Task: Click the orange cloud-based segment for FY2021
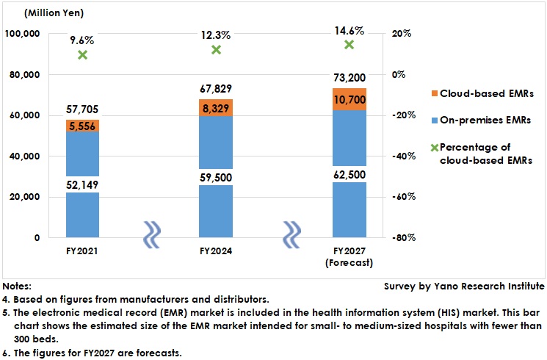coord(82,126)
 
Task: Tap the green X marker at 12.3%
coord(216,50)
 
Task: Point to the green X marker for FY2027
coord(349,45)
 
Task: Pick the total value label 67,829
coord(216,89)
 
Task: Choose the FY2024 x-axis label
coord(216,251)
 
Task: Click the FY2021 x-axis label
coord(82,251)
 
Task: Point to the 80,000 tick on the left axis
coord(25,75)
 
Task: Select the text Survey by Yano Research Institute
coord(463,286)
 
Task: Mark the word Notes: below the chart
coord(17,286)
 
